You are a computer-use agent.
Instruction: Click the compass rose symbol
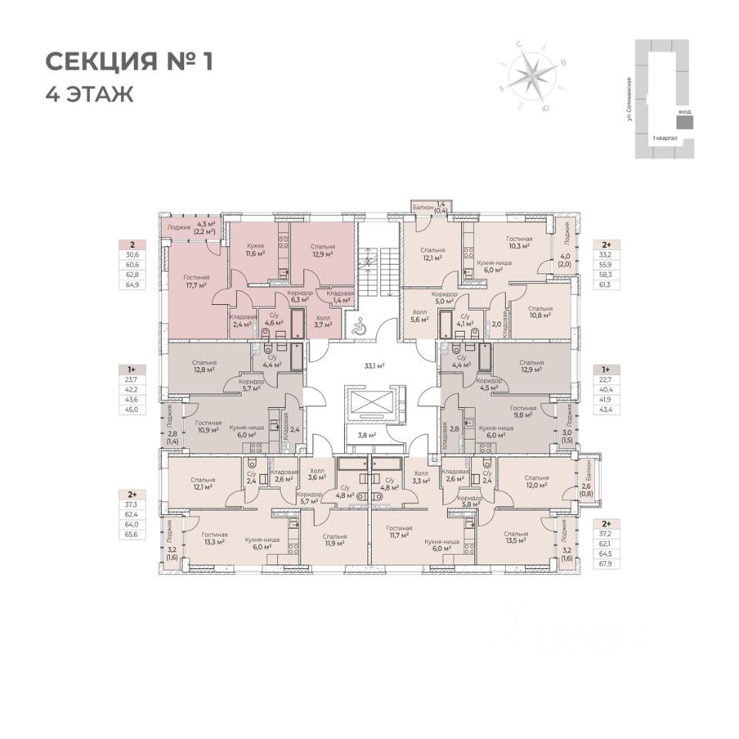click(530, 75)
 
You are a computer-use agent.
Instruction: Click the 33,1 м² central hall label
click(374, 366)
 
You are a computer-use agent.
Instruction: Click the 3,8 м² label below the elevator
click(368, 435)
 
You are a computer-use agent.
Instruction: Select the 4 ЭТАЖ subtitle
click(89, 95)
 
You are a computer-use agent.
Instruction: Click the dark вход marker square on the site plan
click(684, 122)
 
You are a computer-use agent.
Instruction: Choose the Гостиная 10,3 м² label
click(520, 244)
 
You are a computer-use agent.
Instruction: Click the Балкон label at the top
click(423, 207)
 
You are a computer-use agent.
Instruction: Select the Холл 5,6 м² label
click(420, 317)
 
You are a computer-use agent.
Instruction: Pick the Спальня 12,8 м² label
click(204, 366)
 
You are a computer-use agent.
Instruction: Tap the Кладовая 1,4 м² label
click(339, 296)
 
